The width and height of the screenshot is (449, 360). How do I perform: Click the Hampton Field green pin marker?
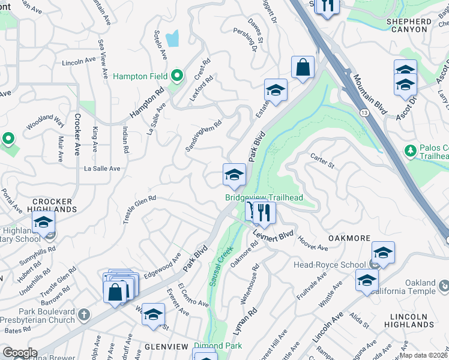click(176, 76)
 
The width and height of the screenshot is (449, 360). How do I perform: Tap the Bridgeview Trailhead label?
click(264, 197)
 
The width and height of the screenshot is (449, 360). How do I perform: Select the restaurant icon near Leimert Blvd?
click(263, 211)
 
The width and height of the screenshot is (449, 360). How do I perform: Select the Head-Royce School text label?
click(329, 265)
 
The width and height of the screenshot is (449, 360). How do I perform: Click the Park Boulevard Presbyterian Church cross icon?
click(84, 314)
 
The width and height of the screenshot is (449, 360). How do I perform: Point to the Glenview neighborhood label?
click(167, 347)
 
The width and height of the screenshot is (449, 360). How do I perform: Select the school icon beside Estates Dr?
click(276, 90)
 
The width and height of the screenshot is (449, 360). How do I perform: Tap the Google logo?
click(19, 353)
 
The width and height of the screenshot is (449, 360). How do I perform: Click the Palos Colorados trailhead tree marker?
click(411, 150)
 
